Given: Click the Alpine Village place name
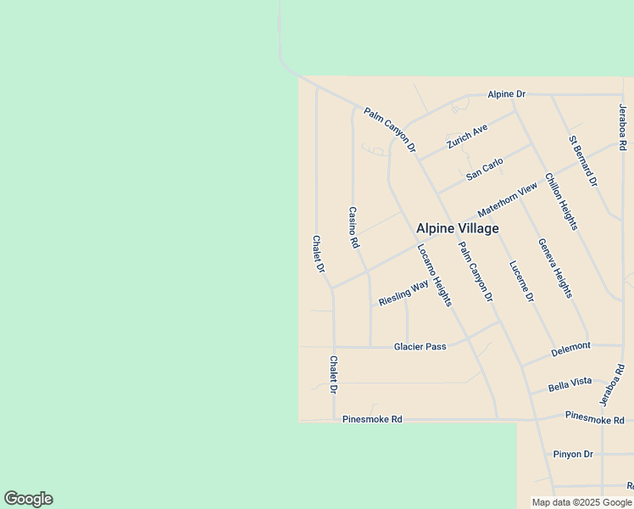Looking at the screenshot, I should (x=457, y=228).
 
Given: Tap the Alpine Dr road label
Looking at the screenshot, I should (x=507, y=94).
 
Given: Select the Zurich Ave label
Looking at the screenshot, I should (x=468, y=136).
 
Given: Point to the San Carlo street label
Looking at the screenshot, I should (x=485, y=168).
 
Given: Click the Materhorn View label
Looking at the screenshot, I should (x=508, y=200).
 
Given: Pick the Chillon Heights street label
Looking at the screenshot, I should (x=561, y=201).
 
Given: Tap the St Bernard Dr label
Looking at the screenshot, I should (x=583, y=160).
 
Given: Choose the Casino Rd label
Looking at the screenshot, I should (x=354, y=227).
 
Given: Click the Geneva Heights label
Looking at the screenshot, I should (x=555, y=268).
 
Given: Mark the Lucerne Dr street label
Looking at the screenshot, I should (x=521, y=280).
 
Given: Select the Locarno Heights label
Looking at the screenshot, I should (x=434, y=275).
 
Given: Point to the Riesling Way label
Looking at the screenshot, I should (x=403, y=294).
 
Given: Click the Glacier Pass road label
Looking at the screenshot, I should (x=420, y=347).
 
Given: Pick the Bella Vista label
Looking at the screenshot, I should (x=570, y=382).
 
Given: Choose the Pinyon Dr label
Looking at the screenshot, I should (x=573, y=454).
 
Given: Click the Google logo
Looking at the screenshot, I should (x=28, y=499).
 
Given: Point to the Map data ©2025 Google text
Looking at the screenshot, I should (x=582, y=502).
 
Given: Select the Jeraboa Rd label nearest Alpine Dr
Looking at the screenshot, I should (x=622, y=127).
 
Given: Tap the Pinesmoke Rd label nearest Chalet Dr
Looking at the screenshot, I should (x=372, y=419).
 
